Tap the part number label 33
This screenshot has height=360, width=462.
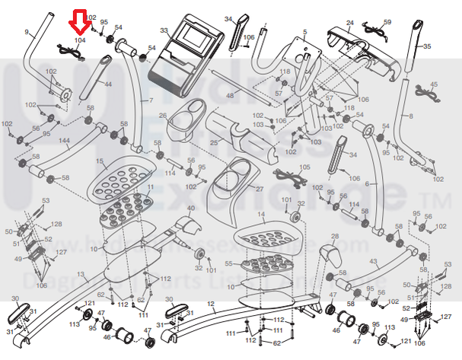tap(163, 31)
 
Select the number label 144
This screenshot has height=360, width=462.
tap(64, 142)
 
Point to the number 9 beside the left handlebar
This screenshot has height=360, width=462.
tap(27, 32)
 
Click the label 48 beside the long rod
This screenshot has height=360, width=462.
tap(231, 95)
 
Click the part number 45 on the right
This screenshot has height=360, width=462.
tap(435, 84)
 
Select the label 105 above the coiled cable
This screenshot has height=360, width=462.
tap(304, 167)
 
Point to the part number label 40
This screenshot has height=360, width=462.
tap(191, 208)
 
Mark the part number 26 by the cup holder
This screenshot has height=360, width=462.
tap(162, 116)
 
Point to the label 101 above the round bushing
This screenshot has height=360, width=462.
tap(287, 199)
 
